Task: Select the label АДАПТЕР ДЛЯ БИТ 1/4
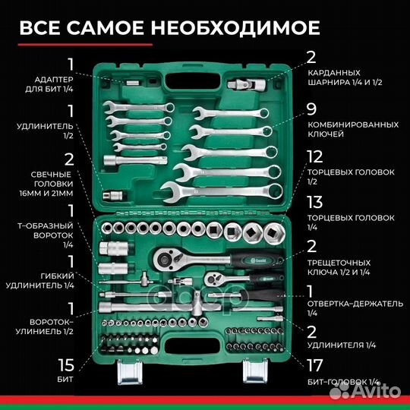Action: [52, 85]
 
